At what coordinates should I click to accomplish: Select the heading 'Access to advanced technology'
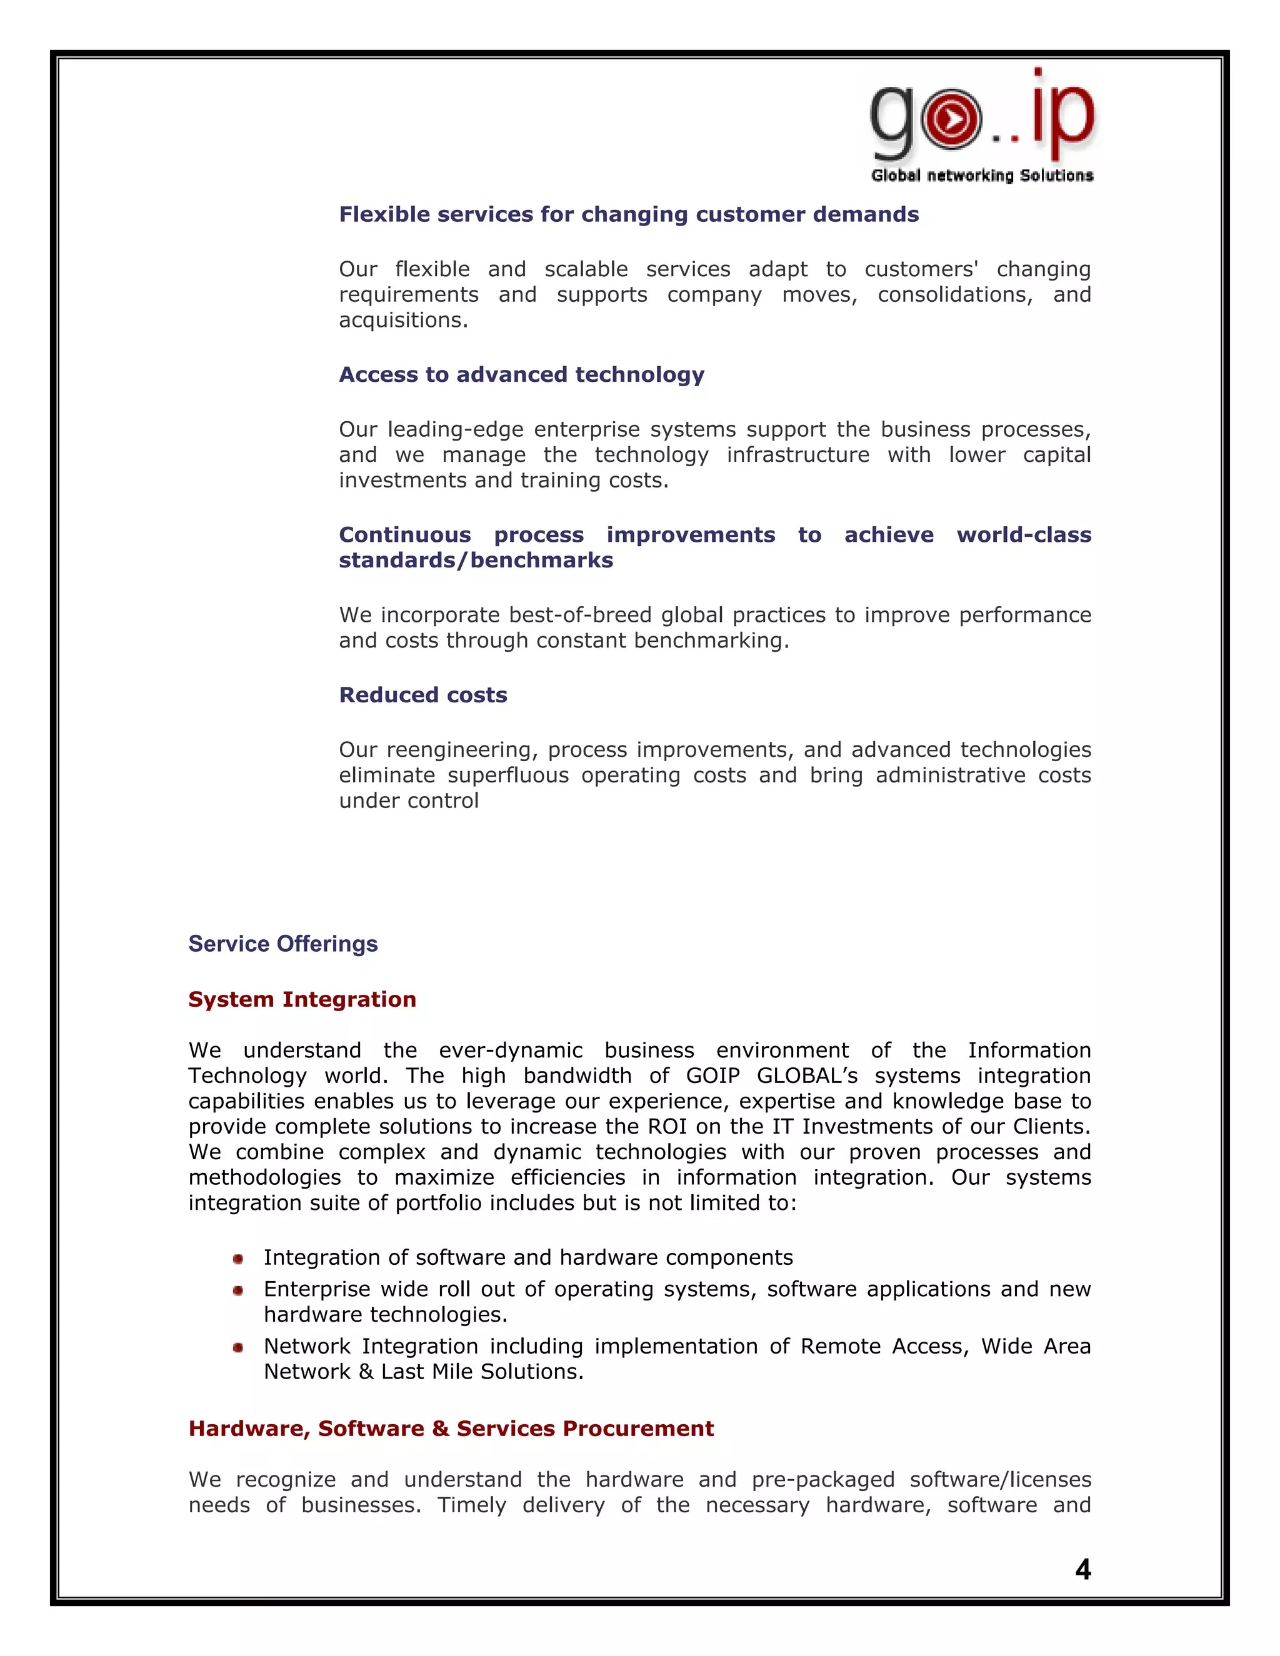coord(521,374)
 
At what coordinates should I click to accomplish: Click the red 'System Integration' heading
coord(302,999)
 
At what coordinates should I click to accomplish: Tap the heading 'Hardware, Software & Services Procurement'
coord(451,1429)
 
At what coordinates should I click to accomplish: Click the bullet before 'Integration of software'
coord(238,1259)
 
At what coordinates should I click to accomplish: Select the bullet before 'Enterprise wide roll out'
coord(238,1290)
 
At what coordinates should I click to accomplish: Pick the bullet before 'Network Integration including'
coord(238,1347)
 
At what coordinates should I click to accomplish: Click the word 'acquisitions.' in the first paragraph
coord(402,320)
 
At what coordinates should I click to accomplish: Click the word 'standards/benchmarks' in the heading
coord(476,561)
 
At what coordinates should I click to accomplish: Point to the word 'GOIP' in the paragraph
coord(712,1075)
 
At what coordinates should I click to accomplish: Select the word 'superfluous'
coord(508,775)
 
